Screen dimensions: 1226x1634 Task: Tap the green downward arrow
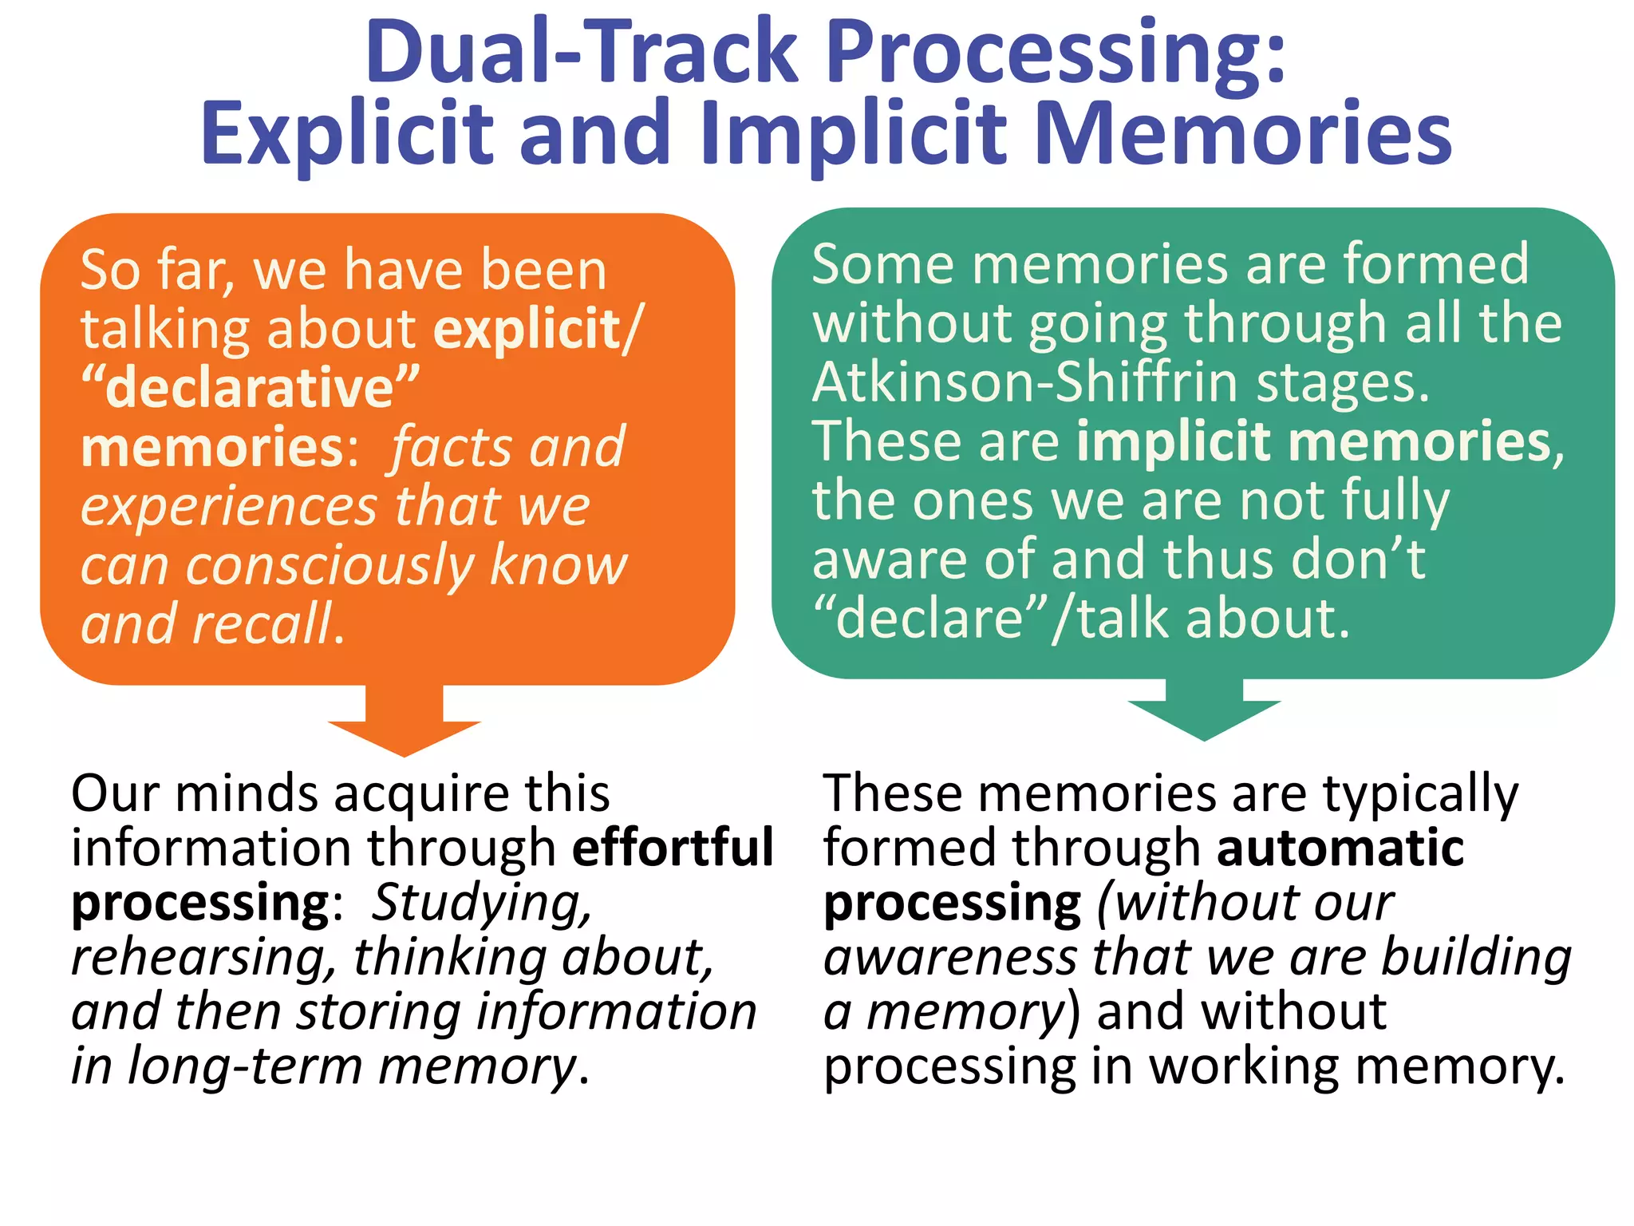click(1204, 710)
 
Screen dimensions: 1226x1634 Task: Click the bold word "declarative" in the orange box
click(250, 388)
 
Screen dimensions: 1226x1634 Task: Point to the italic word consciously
click(330, 565)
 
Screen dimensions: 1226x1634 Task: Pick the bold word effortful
click(673, 847)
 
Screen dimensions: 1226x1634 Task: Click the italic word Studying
click(481, 904)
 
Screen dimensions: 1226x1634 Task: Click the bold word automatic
click(1340, 847)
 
